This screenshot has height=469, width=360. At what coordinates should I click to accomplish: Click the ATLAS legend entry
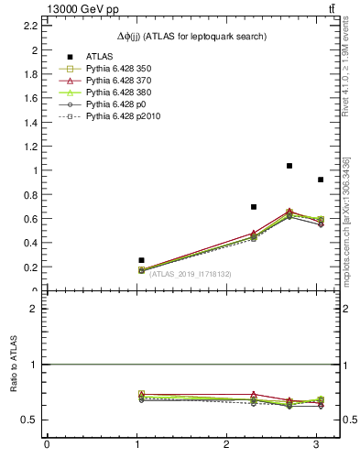click(96, 57)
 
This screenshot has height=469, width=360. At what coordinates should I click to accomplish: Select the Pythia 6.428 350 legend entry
click(115, 69)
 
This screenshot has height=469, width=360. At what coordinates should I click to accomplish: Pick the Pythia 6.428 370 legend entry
click(115, 81)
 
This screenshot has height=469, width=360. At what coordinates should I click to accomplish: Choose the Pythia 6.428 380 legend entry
click(115, 93)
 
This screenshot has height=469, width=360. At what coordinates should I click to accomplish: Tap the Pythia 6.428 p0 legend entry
click(110, 104)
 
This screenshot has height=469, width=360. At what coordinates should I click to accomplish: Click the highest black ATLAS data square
click(289, 166)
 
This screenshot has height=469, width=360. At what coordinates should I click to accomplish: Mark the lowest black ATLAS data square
click(141, 260)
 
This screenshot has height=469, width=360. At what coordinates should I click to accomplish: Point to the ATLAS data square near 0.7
click(254, 207)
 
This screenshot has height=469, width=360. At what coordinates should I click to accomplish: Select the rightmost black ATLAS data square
click(320, 180)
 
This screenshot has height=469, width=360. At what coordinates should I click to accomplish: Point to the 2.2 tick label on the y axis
click(31, 26)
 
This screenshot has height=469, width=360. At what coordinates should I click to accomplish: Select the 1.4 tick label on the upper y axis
click(31, 122)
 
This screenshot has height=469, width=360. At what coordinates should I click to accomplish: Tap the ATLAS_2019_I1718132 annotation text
click(190, 274)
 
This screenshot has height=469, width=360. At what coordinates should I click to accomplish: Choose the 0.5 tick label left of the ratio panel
click(30, 420)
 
